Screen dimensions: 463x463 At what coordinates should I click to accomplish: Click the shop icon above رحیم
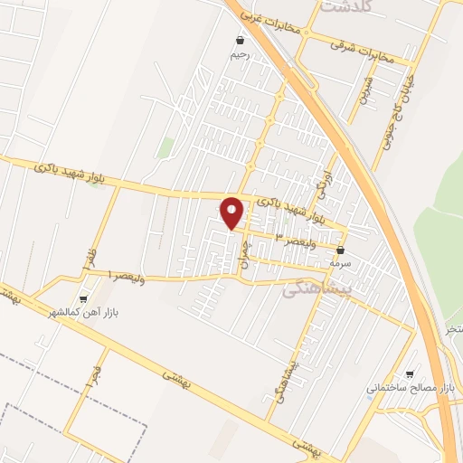240,41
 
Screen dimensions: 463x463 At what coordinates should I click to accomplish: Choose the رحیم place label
240,55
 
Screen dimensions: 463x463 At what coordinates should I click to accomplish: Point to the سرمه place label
340,263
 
